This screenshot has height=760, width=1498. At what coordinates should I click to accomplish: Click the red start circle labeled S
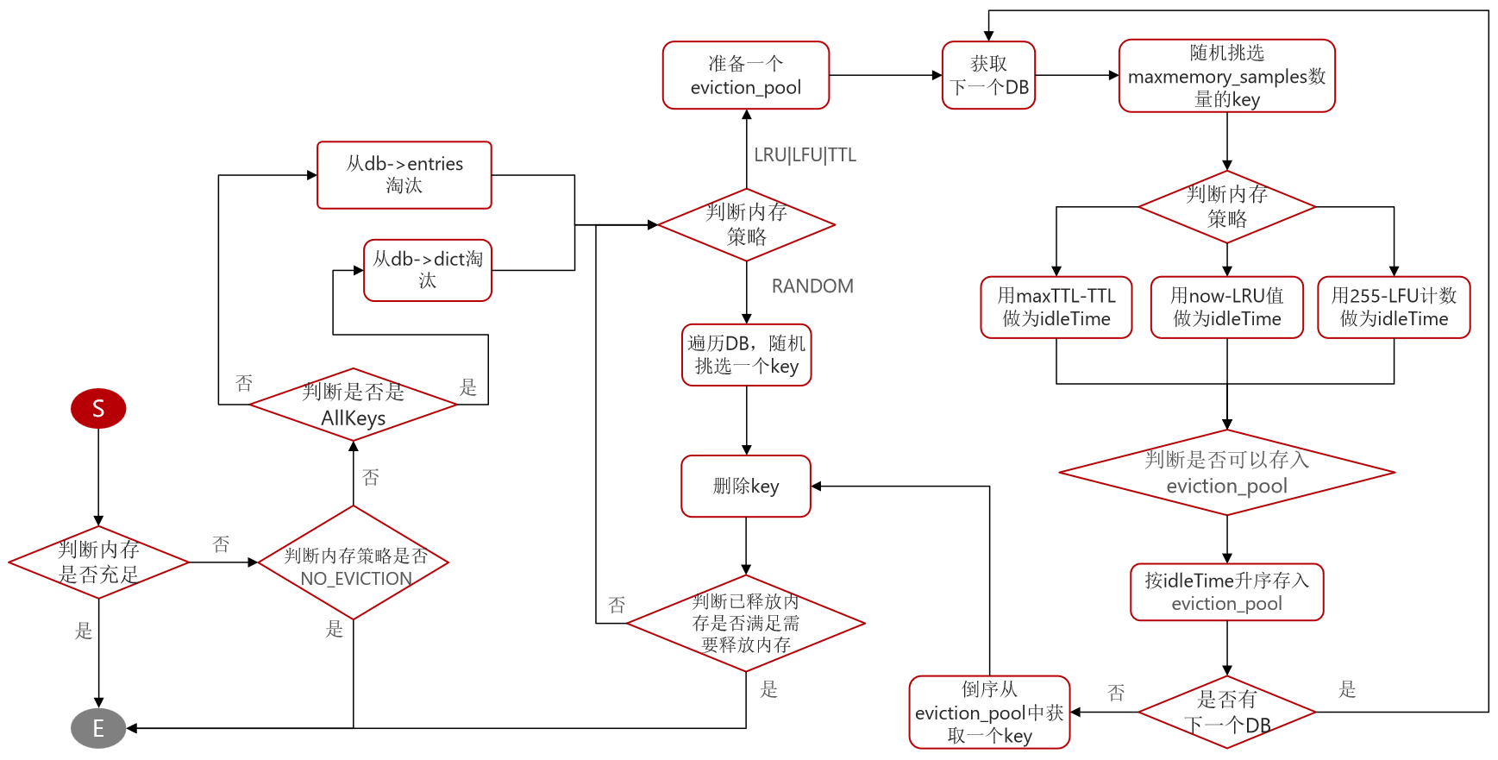point(98,408)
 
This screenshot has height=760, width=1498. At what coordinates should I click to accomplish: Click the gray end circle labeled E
point(98,728)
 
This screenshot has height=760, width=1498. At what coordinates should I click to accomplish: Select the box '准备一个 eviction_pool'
point(746,75)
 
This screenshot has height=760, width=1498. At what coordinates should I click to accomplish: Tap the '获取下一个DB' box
point(988,75)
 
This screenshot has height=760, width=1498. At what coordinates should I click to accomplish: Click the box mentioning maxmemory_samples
point(1226,76)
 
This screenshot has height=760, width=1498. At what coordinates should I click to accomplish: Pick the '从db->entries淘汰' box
point(404,175)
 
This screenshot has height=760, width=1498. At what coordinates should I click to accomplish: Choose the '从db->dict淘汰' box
point(428,270)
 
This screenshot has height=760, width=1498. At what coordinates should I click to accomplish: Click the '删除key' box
point(746,487)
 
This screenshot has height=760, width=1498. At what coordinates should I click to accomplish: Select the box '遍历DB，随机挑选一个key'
point(746,355)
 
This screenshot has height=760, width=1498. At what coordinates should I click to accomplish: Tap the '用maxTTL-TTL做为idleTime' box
point(1056,307)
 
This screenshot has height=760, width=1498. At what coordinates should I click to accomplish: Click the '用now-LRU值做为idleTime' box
point(1226,307)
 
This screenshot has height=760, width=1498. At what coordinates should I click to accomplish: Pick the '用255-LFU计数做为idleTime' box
point(1394,307)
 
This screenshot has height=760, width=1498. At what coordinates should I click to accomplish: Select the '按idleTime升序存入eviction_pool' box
point(1226,592)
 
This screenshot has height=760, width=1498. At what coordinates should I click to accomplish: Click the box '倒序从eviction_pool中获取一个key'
point(989,713)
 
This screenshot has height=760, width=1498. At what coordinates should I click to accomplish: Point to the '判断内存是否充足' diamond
point(98,562)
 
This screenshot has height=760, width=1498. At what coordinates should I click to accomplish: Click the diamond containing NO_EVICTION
point(354,562)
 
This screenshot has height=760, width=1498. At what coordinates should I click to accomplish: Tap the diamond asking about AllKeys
point(354,405)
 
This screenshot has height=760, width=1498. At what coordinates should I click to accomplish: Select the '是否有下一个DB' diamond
point(1226,713)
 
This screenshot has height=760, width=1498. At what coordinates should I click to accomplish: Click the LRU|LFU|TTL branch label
point(805,155)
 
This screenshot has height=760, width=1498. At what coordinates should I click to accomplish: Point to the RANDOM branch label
point(812,286)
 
